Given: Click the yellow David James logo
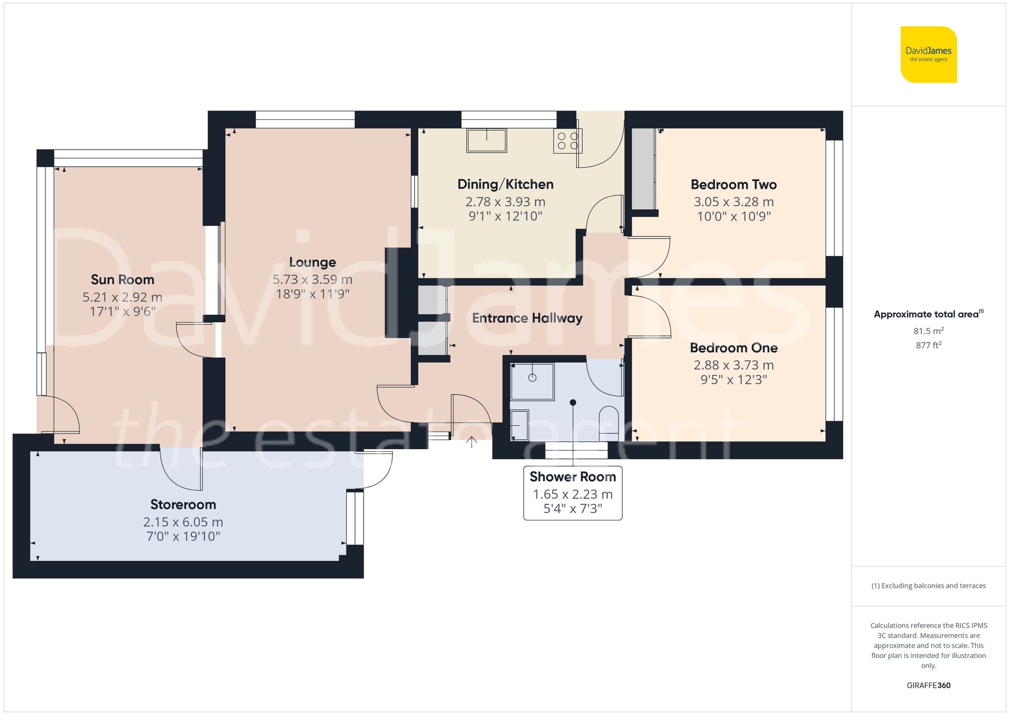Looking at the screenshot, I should coord(928,55).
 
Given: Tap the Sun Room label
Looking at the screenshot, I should coord(122,279).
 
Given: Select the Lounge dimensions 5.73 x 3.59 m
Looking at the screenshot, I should coord(312,279).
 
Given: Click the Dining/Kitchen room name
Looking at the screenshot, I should coord(505,184).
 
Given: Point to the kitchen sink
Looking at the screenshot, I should coord(486,140).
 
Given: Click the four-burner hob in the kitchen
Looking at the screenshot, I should coord(568,141).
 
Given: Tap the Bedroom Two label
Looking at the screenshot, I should coord(733,184).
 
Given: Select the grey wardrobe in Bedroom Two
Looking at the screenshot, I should coord(643,169).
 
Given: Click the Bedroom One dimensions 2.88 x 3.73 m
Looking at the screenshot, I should coord(733,365).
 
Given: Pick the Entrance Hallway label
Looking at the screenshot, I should coord(527,318).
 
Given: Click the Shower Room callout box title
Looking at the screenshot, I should coord(572,476).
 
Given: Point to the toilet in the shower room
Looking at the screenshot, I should coord(609,422).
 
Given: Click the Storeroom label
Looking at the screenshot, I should coord(183,504).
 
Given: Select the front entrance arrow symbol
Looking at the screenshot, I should coord(471,442).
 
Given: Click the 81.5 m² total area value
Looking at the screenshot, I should coord(928,331).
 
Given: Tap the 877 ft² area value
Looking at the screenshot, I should coord(928,345).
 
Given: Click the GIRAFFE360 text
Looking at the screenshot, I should coord(928,685).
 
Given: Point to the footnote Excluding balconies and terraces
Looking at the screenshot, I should coord(928,586).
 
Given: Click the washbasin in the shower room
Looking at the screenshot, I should coord(519,425).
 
